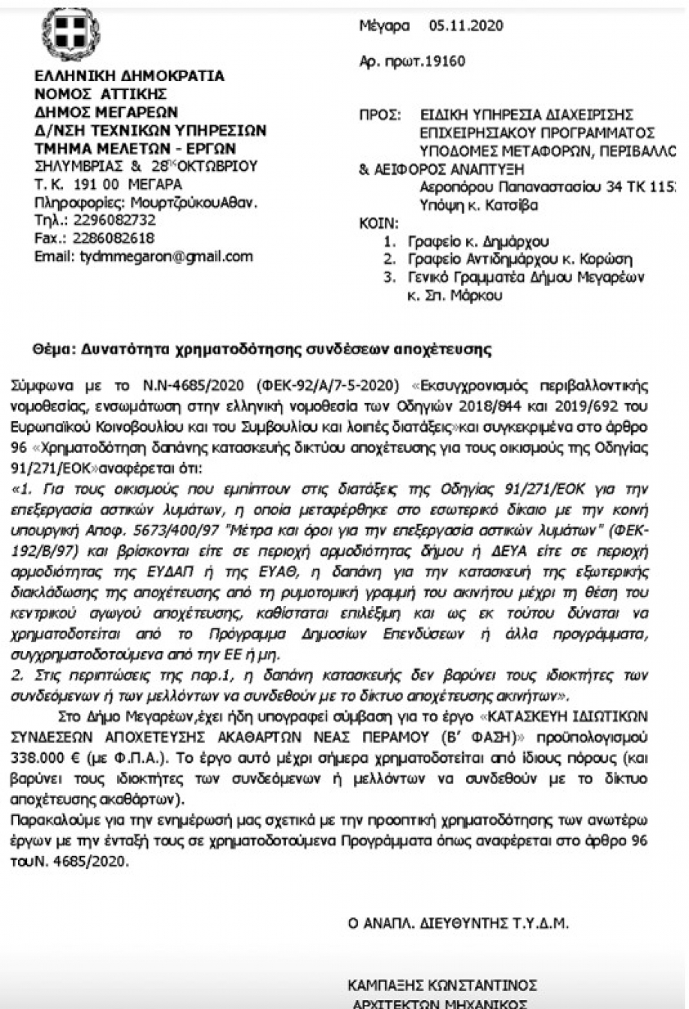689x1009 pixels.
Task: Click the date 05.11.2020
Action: coord(465,26)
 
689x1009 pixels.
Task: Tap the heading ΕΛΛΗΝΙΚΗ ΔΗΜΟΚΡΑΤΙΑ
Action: coord(130,76)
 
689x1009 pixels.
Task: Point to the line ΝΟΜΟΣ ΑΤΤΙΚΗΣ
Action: coord(101,94)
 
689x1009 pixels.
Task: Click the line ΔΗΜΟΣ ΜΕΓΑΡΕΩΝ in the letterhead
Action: coord(107,112)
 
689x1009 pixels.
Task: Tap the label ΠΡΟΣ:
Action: coord(376,116)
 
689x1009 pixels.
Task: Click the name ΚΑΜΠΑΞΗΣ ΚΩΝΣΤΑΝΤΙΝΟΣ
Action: coord(441,985)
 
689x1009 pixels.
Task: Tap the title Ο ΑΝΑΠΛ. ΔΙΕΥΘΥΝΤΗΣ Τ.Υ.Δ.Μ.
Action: coord(458,924)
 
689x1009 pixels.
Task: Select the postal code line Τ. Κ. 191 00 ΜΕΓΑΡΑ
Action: coord(108,184)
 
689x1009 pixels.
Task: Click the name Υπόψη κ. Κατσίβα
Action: coord(480,205)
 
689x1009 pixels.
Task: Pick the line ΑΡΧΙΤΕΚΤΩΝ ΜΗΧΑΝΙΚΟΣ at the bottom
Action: coord(440,1003)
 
